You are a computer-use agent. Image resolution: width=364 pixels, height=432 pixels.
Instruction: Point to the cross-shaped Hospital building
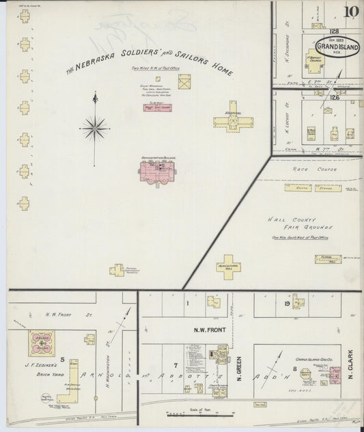(233, 122)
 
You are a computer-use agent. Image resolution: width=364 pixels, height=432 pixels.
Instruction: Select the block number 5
(61, 358)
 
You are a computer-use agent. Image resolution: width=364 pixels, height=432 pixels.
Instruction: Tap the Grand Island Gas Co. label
(313, 358)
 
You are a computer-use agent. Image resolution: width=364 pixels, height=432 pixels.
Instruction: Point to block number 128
(335, 31)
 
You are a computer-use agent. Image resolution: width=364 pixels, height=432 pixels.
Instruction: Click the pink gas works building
(335, 376)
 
